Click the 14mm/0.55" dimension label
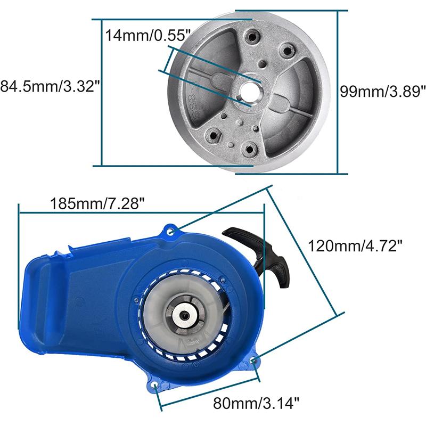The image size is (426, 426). [148, 35]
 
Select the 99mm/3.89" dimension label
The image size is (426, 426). [383, 91]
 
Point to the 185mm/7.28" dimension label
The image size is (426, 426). [97, 203]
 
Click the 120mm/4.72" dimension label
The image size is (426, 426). [355, 246]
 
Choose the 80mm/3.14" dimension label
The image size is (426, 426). [256, 403]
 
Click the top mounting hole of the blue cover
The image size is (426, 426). [170, 232]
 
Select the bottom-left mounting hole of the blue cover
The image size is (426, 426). [155, 384]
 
